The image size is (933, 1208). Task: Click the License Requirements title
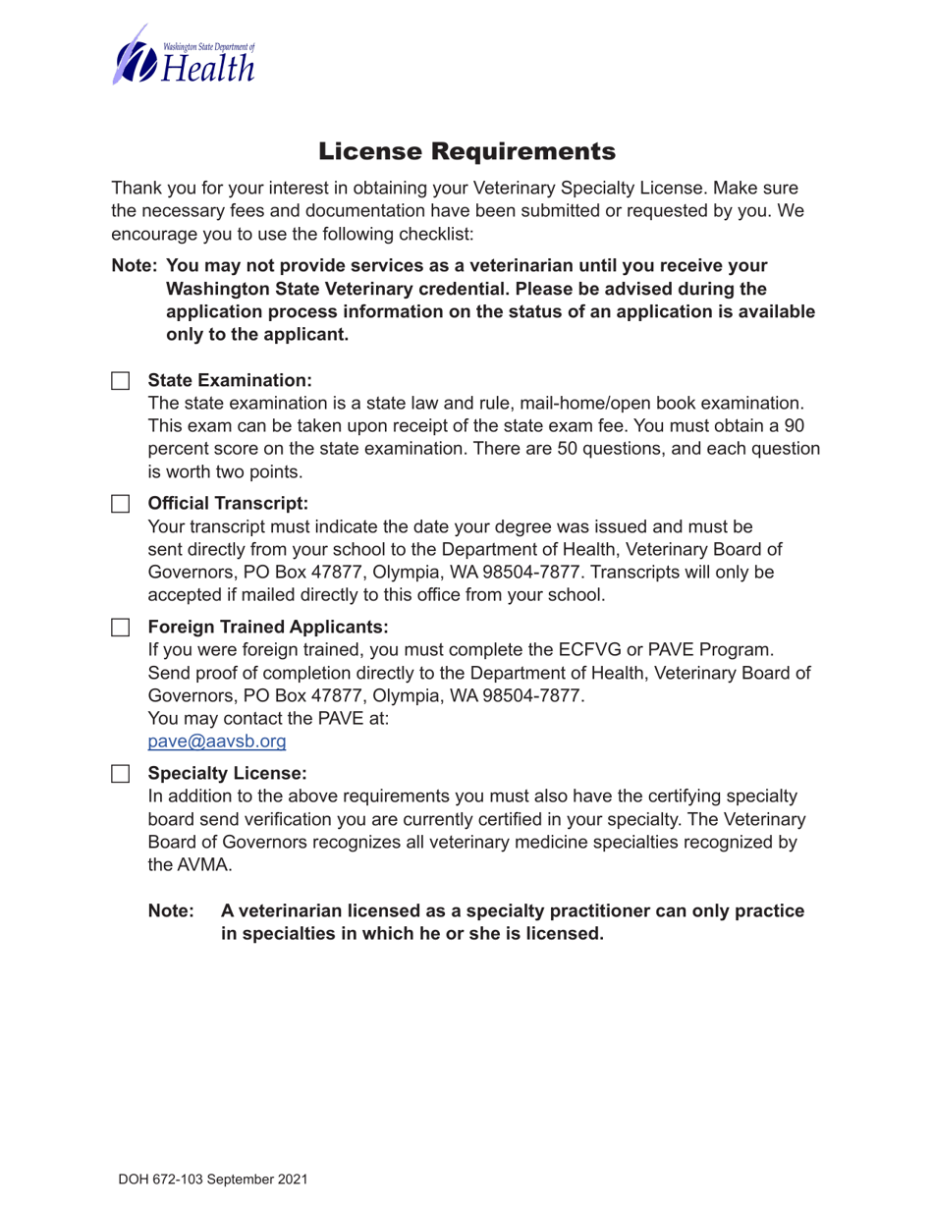(x=466, y=151)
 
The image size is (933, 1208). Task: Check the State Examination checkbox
(x=119, y=380)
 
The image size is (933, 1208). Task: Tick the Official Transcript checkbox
(x=119, y=504)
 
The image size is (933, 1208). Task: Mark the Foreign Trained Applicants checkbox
(x=119, y=627)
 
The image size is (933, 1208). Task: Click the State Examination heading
(x=229, y=380)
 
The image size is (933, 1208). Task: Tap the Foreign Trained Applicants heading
(x=268, y=627)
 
